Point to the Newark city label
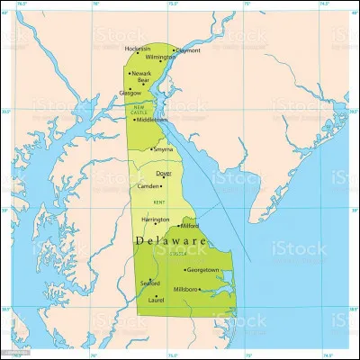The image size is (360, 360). pos(142,74)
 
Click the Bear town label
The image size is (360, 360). pos(143,82)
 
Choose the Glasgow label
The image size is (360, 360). pos(131,92)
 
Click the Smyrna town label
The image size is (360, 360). pos(164,148)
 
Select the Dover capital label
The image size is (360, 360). pos(164,173)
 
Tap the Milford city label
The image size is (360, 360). pos(190,226)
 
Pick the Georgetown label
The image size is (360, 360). pos(202,269)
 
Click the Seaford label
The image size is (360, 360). pos(150,283)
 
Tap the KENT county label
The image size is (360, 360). pos(158,203)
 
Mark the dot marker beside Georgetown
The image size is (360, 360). pos(184,270)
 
